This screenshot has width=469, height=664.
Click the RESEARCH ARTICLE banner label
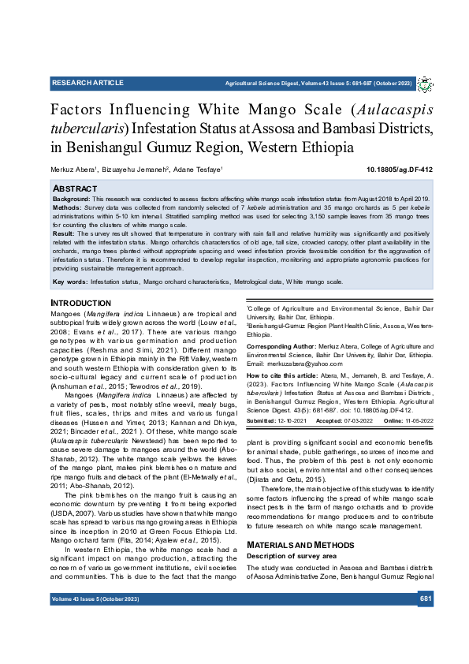[87, 83]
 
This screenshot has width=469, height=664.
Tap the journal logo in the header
[424, 84]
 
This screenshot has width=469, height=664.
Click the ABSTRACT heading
[75, 189]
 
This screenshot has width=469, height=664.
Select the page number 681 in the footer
[426, 600]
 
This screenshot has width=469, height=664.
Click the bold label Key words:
[70, 282]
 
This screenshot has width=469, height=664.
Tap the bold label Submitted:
[264, 422]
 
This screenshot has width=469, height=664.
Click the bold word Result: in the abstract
[64, 234]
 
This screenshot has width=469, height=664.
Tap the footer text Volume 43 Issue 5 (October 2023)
[95, 600]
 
